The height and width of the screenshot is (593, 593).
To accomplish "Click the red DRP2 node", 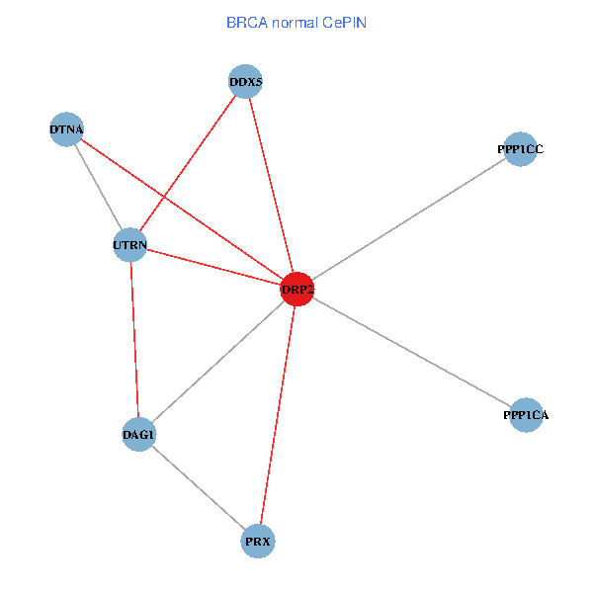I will pyautogui.click(x=297, y=289).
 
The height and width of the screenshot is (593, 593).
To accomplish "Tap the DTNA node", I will pyautogui.click(x=66, y=130).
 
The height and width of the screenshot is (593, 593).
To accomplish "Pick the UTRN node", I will pyautogui.click(x=130, y=245).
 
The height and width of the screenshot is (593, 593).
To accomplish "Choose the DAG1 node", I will pyautogui.click(x=138, y=435).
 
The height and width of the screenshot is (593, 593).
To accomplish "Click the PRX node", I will pyautogui.click(x=258, y=542).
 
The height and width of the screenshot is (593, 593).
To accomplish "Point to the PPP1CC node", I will pyautogui.click(x=520, y=149).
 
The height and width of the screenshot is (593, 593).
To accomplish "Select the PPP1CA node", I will pyautogui.click(x=526, y=416).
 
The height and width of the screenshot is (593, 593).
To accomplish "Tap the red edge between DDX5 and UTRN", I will pyautogui.click(x=188, y=163).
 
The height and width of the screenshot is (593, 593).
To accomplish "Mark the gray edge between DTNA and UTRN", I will pyautogui.click(x=99, y=188).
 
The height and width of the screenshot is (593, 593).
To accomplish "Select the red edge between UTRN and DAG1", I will pyautogui.click(x=134, y=340).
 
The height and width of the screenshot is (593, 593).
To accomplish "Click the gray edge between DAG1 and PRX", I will pyautogui.click(x=198, y=488).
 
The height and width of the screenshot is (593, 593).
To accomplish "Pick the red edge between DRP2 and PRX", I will pyautogui.click(x=278, y=415).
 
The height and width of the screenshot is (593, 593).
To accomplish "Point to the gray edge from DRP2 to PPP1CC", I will pyautogui.click(x=408, y=219).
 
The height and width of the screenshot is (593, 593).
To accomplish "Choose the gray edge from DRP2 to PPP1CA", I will pyautogui.click(x=411, y=352).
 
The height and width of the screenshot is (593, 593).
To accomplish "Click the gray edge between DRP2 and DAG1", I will pyautogui.click(x=217, y=362).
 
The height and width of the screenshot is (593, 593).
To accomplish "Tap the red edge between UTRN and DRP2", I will pyautogui.click(x=213, y=267).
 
